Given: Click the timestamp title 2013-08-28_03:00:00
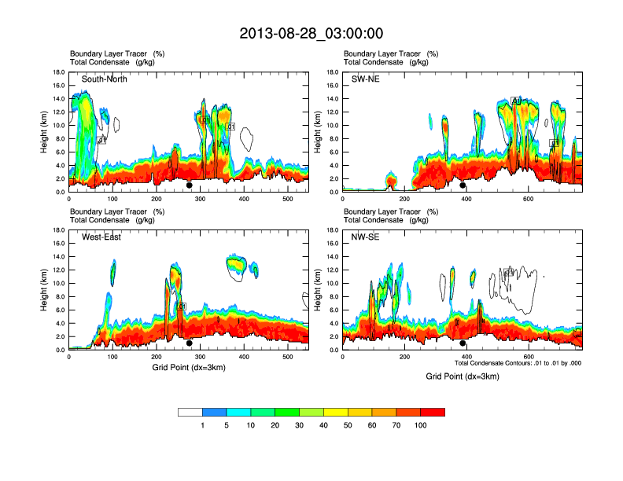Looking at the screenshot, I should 311,34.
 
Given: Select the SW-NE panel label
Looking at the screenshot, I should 365,79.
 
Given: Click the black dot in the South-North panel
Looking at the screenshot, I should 189,185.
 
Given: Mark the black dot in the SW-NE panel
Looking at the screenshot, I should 463,185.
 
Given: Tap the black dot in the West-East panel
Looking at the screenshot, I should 189,343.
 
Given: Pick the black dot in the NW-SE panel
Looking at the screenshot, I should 463,343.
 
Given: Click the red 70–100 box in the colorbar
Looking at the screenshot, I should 433,412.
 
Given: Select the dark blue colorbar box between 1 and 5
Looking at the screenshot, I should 214,412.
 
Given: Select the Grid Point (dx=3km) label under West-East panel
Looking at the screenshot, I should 189,368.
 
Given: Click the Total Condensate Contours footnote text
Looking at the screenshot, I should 518,364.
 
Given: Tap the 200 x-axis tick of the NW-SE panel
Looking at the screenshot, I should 404,358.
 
